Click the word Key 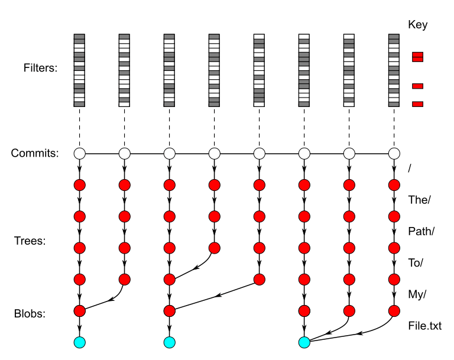417,25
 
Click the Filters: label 40,68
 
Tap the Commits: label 35,154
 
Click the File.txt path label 424,326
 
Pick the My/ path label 417,294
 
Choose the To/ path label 417,262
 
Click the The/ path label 419,199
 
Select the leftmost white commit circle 80,154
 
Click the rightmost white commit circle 394,154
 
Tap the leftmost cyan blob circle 80,342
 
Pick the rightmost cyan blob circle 304,342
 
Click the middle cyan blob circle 170,342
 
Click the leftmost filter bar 80,70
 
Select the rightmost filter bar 394,70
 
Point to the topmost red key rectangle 417,57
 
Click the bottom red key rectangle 417,105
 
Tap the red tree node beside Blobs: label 80,310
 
